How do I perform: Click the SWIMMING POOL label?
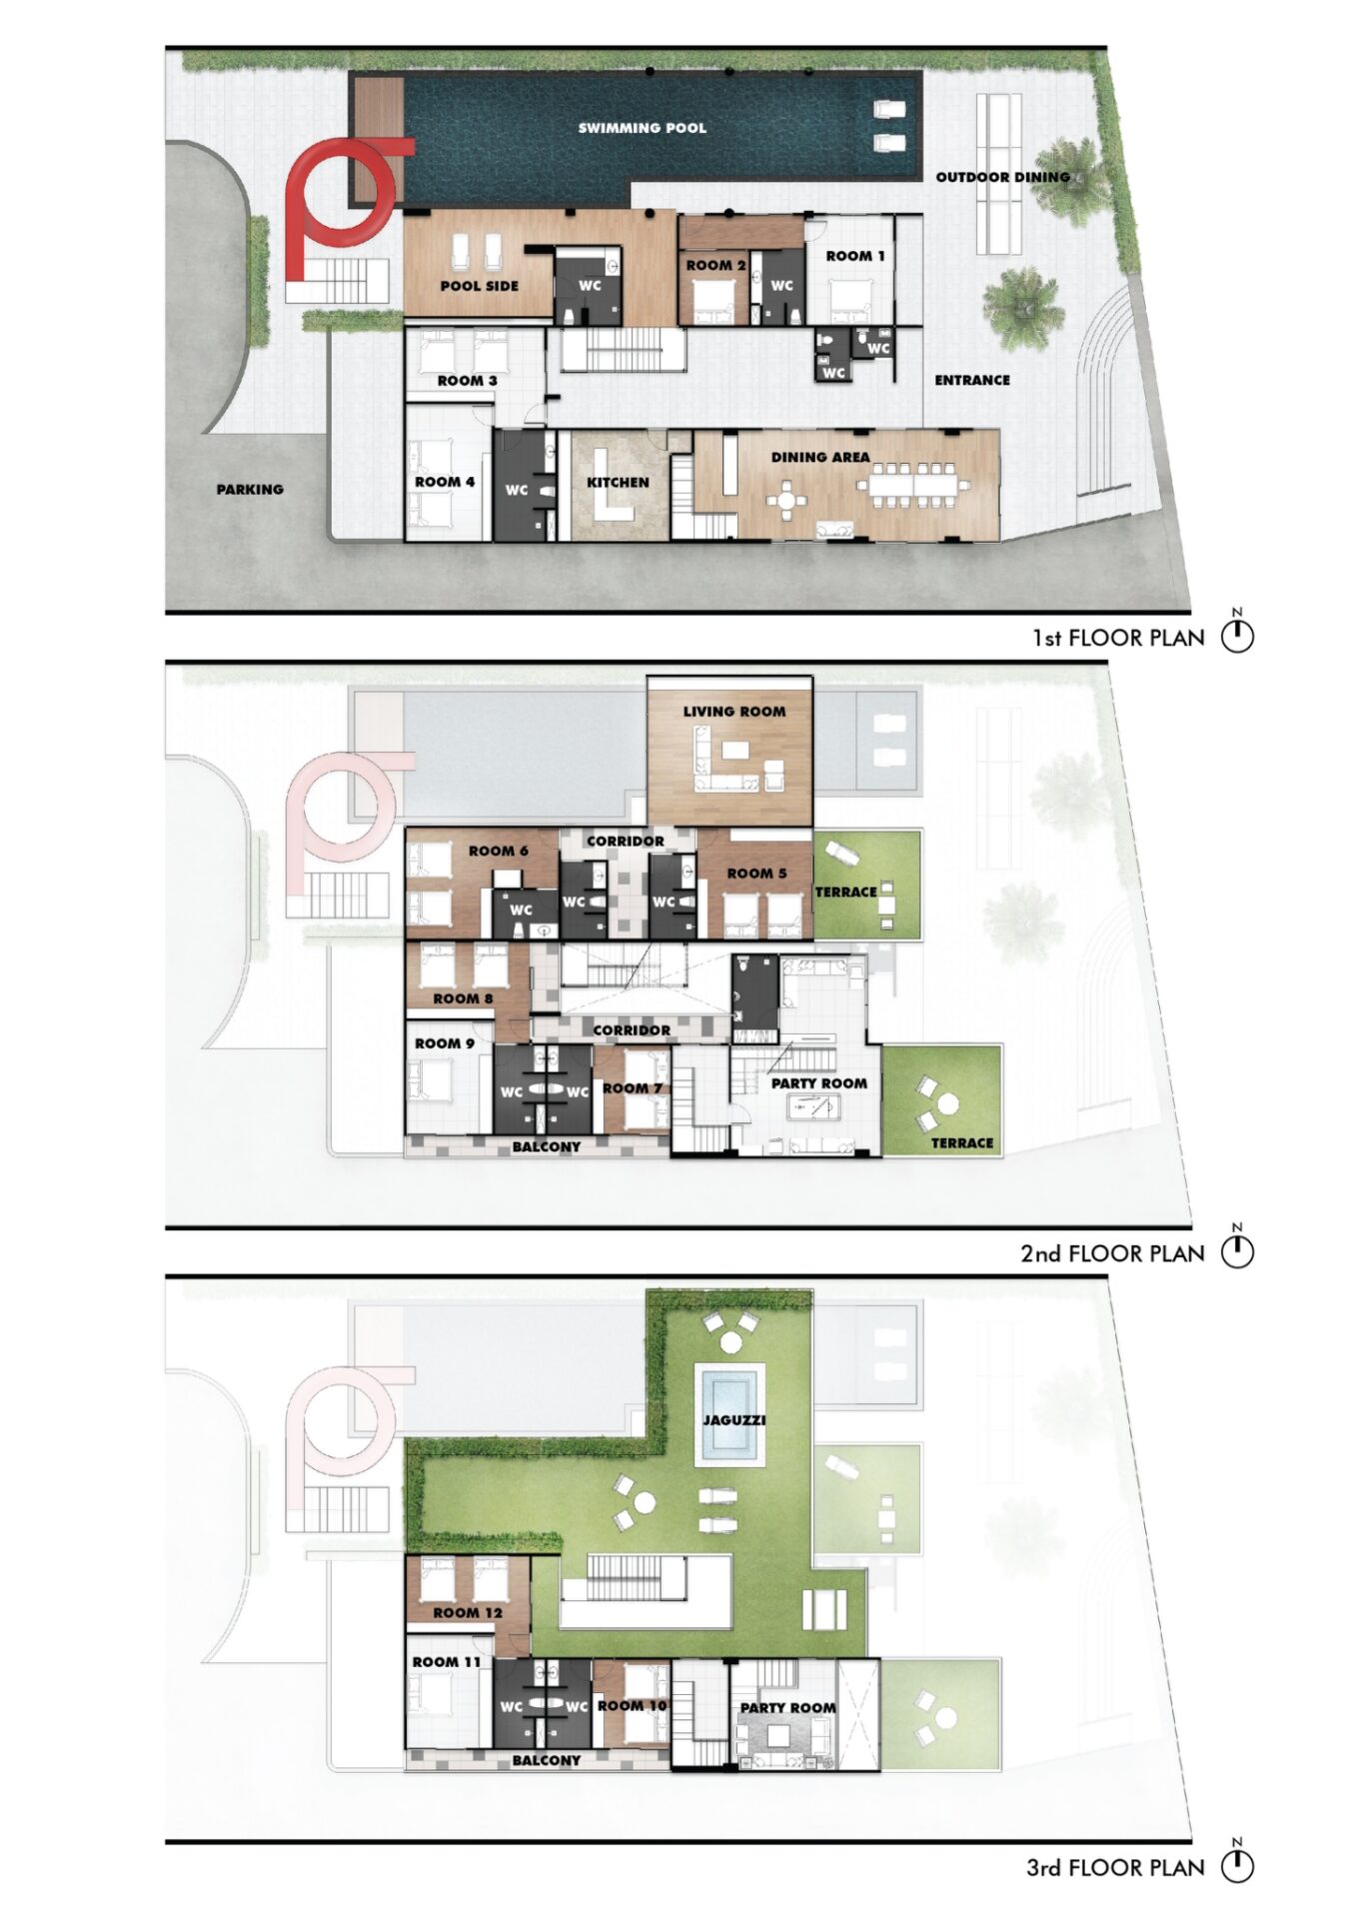(x=642, y=128)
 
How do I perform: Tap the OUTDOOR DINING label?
(x=1002, y=177)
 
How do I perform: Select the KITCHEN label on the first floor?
(x=618, y=482)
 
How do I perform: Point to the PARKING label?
(x=250, y=489)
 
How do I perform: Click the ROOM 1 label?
(x=855, y=256)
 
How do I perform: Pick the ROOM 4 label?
(x=445, y=482)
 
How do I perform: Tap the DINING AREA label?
(x=820, y=457)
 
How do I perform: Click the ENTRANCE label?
(x=972, y=380)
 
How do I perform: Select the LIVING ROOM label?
(x=734, y=712)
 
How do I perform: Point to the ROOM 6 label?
(x=499, y=851)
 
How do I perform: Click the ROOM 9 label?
(x=445, y=1043)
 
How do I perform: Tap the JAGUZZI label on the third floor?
(x=733, y=1420)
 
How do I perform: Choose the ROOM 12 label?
(x=468, y=1613)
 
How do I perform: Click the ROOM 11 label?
(x=447, y=1662)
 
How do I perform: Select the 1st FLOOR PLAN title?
(x=1118, y=638)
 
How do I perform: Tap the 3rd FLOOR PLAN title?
(x=1115, y=1868)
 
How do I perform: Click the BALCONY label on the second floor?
(x=547, y=1146)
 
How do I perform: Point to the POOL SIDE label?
(x=480, y=286)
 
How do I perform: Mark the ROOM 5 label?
(x=756, y=874)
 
